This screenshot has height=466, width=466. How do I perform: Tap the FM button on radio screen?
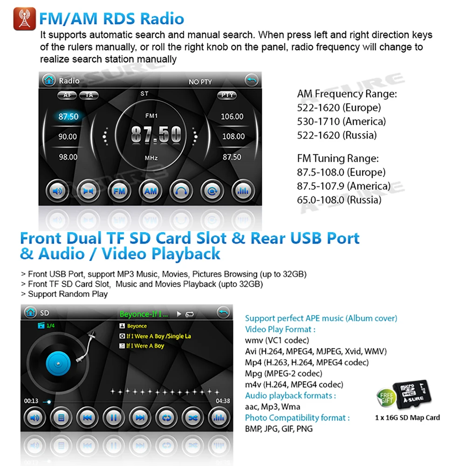click(120, 191)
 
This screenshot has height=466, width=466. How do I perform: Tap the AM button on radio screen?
click(151, 191)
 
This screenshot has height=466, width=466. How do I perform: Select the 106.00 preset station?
click(232, 116)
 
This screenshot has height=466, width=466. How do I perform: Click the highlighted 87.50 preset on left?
click(68, 116)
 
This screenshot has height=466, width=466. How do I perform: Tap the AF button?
click(67, 95)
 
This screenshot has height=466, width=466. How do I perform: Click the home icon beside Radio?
click(48, 81)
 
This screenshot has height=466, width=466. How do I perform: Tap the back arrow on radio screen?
click(252, 81)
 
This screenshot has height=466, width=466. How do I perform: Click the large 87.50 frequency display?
click(156, 135)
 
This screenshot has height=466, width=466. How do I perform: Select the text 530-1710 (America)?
click(341, 122)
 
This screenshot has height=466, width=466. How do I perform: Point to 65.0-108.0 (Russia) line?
click(339, 200)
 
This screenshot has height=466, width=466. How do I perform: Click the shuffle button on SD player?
click(192, 418)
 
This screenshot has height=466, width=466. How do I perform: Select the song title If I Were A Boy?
click(145, 346)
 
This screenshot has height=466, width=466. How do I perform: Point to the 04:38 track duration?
click(223, 401)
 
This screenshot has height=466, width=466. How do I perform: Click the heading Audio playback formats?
click(290, 396)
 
